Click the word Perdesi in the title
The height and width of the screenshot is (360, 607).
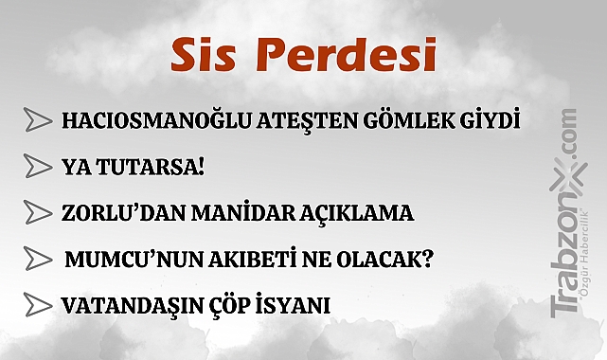346,56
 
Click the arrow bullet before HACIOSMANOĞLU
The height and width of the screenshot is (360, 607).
38,121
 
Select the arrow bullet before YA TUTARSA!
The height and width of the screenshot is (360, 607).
38,167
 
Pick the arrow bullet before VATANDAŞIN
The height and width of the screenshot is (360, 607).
38,305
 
